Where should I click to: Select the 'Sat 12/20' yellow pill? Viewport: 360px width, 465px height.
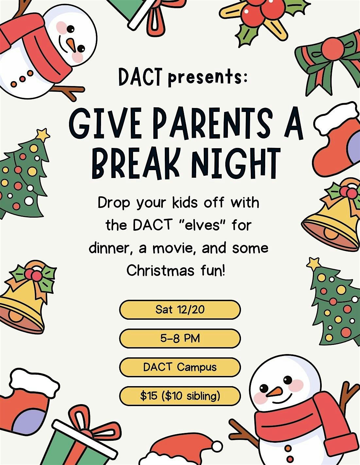[180, 309]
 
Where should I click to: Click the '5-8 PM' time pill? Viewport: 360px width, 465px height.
[180, 338]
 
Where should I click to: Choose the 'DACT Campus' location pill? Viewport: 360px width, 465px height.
[180, 367]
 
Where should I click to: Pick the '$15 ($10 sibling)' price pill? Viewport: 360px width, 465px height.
[180, 396]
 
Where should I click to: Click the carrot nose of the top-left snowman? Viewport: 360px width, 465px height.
[71, 44]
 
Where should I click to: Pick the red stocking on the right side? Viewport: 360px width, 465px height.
[337, 141]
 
